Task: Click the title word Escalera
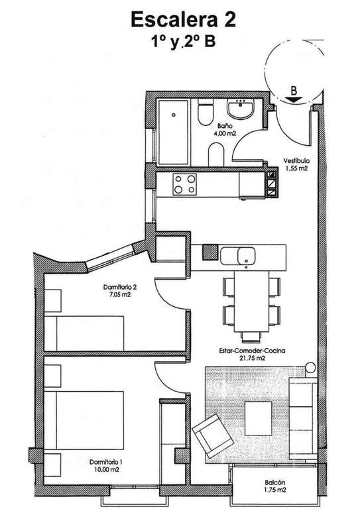[174, 19]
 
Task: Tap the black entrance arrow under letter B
[294, 100]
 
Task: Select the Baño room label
[224, 126]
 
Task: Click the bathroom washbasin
[241, 109]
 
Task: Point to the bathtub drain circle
[174, 115]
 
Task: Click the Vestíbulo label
[296, 160]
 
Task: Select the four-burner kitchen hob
[185, 184]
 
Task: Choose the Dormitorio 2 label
[120, 287]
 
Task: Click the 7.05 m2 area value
[120, 295]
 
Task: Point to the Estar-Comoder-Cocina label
[252, 351]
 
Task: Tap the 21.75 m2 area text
[252, 359]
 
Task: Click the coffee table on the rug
[258, 418]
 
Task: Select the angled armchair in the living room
[213, 437]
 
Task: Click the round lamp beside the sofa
[310, 367]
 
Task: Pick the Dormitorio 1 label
[106, 462]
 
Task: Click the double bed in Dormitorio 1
[84, 420]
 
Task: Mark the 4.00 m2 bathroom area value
[224, 133]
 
